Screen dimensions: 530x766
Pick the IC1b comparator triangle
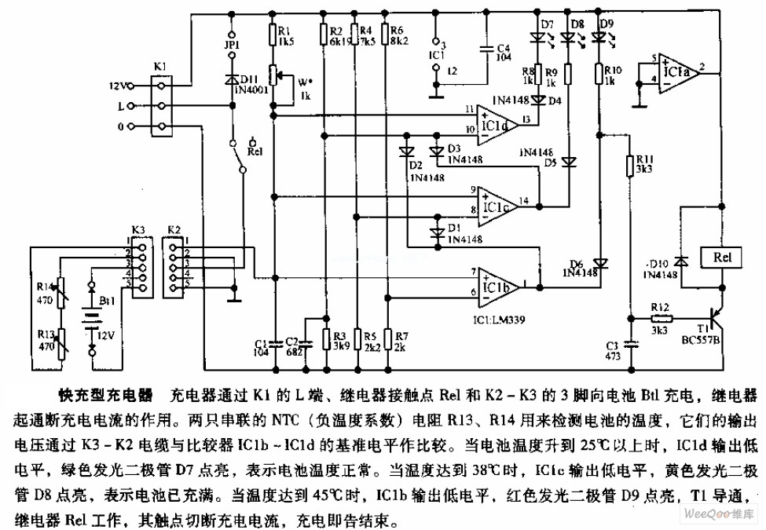[497, 285]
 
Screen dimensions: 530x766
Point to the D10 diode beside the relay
[681, 261]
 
